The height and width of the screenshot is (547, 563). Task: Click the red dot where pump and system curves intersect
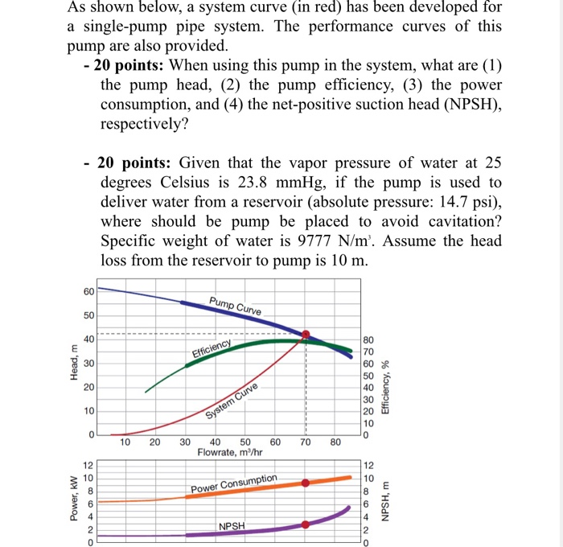click(306, 335)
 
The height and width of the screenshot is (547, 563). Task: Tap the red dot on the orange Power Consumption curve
click(306, 483)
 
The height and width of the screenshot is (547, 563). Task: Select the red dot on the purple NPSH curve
click(306, 524)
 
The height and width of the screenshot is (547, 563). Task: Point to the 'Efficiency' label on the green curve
click(212, 348)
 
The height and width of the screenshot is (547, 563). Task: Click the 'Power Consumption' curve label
click(233, 483)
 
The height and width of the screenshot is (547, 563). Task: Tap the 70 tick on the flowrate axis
click(306, 442)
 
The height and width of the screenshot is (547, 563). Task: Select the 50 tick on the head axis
click(88, 315)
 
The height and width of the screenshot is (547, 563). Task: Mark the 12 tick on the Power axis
click(90, 466)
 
